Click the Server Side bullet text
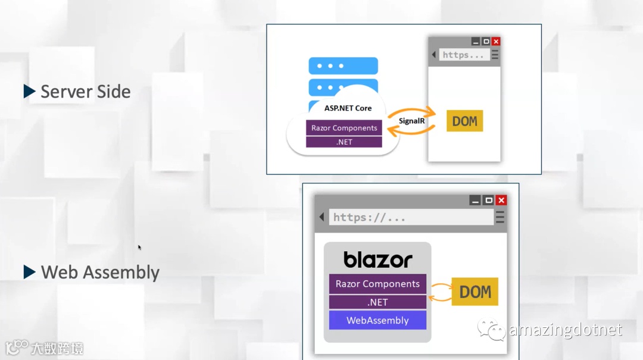click(x=85, y=92)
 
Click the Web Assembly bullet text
click(x=100, y=273)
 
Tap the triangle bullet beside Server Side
click(x=29, y=91)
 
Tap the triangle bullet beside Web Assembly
click(x=29, y=272)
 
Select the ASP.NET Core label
click(x=348, y=108)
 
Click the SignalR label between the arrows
click(x=411, y=121)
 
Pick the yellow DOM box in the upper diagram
click(x=464, y=121)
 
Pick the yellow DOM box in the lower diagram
click(x=475, y=292)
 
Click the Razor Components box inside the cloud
click(x=344, y=128)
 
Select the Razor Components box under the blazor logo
click(x=377, y=284)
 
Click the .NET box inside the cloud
click(x=344, y=142)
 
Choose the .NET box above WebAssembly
click(x=377, y=302)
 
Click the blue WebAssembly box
click(x=377, y=320)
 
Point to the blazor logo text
click(x=377, y=259)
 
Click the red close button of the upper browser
click(x=496, y=42)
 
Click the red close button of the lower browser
click(x=501, y=201)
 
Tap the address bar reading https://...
click(x=411, y=217)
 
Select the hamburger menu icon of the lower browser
click(x=500, y=217)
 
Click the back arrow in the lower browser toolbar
click(x=321, y=217)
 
